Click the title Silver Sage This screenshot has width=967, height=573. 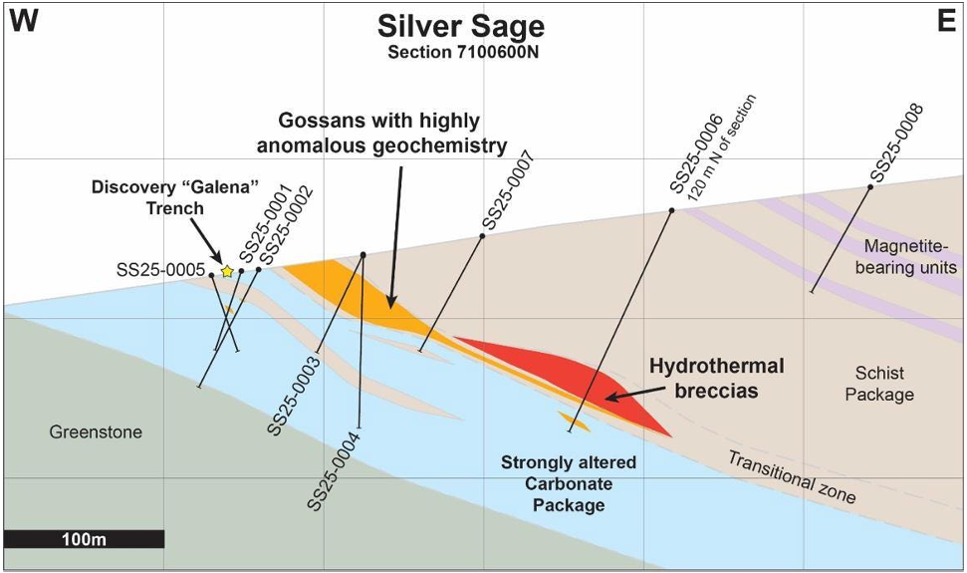pyautogui.click(x=459, y=26)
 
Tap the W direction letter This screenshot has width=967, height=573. pyautogui.click(x=24, y=22)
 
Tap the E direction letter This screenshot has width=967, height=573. pyautogui.click(x=945, y=22)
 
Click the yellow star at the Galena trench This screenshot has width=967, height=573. pyautogui.click(x=227, y=271)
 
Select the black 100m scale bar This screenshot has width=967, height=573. pyautogui.click(x=84, y=539)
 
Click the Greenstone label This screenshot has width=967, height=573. pyautogui.click(x=96, y=432)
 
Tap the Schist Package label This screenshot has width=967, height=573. pyautogui.click(x=879, y=384)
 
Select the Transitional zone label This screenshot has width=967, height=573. pyautogui.click(x=791, y=476)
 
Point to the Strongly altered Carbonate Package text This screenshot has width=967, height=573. pyautogui.click(x=569, y=483)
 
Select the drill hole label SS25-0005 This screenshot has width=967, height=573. pyautogui.click(x=160, y=269)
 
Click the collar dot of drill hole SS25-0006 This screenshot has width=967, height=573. pyautogui.click(x=672, y=210)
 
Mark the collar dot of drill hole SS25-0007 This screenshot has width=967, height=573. pyautogui.click(x=483, y=236)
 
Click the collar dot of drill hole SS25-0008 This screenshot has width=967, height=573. pyautogui.click(x=870, y=186)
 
